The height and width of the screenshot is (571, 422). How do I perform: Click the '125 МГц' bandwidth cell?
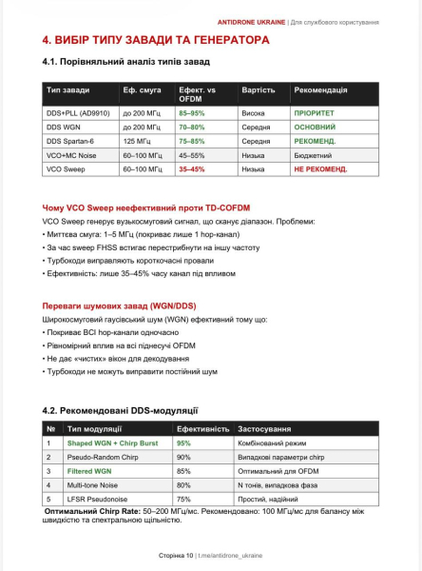[137, 140]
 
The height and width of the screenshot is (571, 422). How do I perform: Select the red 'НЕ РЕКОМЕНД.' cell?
[320, 168]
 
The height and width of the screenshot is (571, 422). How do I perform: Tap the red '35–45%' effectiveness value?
[192, 168]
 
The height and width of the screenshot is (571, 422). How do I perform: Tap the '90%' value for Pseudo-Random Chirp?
[184, 458]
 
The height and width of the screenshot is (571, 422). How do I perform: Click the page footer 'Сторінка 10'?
[176, 555]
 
